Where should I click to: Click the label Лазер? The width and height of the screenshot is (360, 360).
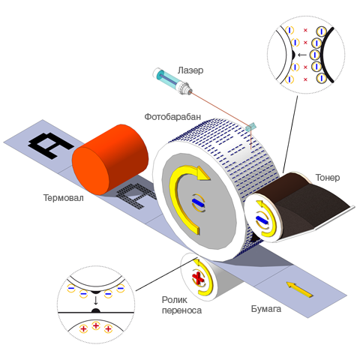click(x=190, y=70)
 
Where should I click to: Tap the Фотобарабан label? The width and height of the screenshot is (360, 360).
click(x=172, y=117)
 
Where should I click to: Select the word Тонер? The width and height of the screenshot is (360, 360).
click(x=328, y=178)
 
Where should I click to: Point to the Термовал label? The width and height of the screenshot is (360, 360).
click(x=64, y=198)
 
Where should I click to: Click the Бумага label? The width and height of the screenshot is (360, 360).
click(x=266, y=309)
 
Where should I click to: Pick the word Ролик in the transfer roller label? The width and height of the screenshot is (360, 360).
click(x=175, y=299)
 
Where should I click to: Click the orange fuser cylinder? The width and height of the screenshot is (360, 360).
click(x=110, y=160)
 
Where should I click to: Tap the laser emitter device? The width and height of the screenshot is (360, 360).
click(x=172, y=82)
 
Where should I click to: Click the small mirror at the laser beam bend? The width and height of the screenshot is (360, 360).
click(x=250, y=127)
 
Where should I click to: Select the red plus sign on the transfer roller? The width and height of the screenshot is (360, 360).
click(x=198, y=277)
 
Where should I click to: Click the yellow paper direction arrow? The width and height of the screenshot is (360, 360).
click(x=299, y=289)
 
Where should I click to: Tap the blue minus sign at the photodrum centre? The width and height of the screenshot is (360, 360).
click(x=198, y=202)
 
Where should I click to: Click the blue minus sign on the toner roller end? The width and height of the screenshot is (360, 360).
click(x=262, y=220)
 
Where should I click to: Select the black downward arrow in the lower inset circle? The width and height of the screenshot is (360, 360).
click(x=95, y=300)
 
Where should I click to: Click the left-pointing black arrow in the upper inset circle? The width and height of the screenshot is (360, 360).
click(x=302, y=55)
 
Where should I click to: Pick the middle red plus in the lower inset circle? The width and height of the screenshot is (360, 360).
click(x=96, y=325)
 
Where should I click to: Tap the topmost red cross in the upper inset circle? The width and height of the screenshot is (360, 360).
click(x=305, y=30)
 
